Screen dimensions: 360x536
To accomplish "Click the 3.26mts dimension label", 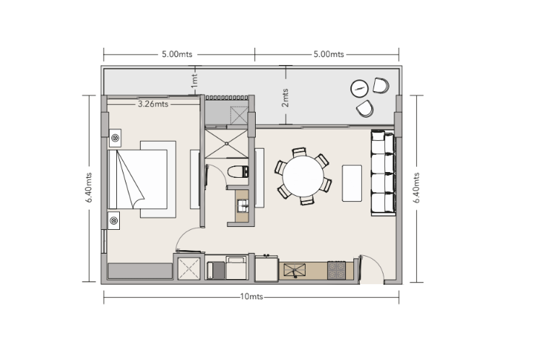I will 152,104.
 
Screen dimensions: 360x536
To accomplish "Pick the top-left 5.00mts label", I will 176,54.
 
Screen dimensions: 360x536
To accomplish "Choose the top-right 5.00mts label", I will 329,54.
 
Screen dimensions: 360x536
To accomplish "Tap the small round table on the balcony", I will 359,88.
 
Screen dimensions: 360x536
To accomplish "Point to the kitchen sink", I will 295,270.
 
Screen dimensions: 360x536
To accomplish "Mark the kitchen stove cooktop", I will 337,270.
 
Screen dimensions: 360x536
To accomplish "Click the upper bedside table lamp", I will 116,137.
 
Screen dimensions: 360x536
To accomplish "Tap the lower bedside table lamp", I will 116,217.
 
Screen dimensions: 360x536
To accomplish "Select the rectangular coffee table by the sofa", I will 352,184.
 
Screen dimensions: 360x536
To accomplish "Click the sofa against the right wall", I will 383,173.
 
